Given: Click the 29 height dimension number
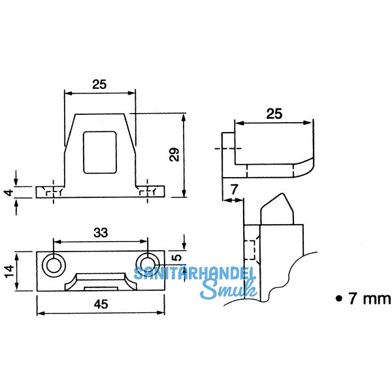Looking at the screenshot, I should (x=174, y=155).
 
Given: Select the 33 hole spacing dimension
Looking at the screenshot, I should (x=101, y=232).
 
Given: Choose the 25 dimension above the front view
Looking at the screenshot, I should (x=99, y=84).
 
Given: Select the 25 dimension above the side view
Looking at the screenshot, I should (x=275, y=114).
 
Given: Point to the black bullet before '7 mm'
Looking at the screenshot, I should (x=338, y=299).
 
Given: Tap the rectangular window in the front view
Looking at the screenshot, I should (x=100, y=152).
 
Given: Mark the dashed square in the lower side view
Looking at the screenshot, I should (x=248, y=250).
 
